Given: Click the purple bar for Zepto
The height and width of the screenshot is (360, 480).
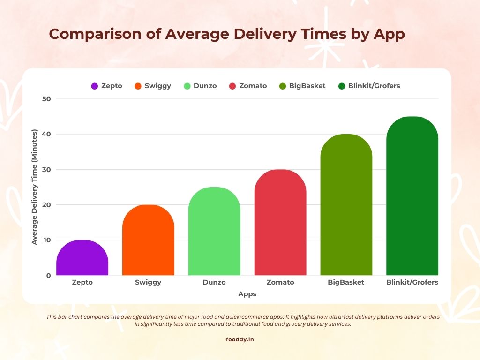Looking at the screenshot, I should coord(82,258).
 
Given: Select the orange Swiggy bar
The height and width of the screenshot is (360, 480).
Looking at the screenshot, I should coord(148,240).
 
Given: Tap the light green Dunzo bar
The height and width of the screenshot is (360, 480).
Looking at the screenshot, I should coord(214,231).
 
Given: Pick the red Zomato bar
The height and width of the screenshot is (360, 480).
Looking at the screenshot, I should coord(280,222).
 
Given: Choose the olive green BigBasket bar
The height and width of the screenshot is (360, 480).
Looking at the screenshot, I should coord(346,205).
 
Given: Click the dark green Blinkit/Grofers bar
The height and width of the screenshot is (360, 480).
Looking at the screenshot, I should coord(412,196).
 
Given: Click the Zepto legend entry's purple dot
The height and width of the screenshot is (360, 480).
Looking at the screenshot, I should coord(95,86).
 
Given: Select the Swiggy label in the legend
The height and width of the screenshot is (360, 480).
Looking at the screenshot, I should coord(158,86).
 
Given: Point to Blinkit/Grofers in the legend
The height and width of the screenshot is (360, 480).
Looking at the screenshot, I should coord(374,86).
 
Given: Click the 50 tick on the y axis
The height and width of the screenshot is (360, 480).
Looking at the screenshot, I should coord(46,99).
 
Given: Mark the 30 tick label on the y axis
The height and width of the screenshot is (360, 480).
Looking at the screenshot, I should coord(46,170).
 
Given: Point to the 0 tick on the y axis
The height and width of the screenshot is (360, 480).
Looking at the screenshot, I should coord(48,276).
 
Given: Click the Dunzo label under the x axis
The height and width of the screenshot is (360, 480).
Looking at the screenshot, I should coord(214,282).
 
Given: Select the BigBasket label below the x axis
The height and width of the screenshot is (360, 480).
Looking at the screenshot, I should coord(346,282).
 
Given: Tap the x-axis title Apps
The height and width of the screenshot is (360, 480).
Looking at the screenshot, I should coord(247,294).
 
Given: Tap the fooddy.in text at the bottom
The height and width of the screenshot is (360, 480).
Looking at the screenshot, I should coord(240,339).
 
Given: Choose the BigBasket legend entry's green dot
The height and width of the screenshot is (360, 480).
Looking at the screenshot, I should coord(282,86).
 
